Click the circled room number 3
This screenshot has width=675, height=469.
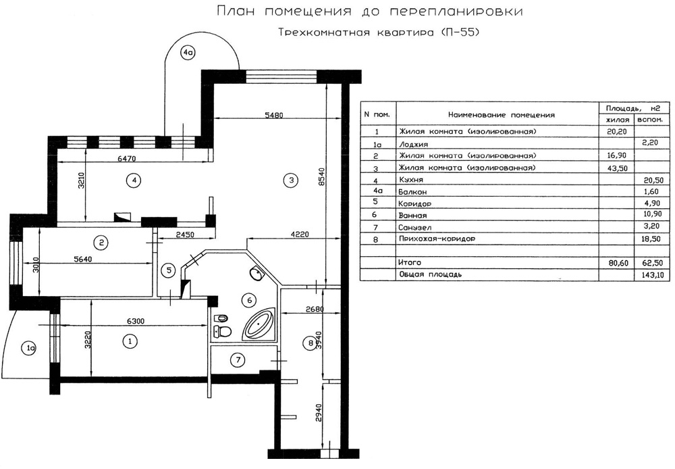click(x=291, y=180)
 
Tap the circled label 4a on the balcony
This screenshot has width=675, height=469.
click(x=188, y=53)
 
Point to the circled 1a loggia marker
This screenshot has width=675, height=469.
click(x=29, y=348)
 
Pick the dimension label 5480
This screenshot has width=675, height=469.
click(x=273, y=115)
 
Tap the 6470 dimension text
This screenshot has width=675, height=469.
click(x=126, y=159)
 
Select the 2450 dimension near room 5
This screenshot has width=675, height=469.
click(x=185, y=235)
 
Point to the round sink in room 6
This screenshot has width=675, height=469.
click(x=256, y=273)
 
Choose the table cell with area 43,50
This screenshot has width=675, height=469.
click(x=617, y=168)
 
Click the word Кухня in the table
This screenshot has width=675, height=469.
click(x=411, y=180)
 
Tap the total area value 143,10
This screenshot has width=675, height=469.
click(x=653, y=274)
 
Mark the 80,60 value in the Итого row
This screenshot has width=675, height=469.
click(x=617, y=262)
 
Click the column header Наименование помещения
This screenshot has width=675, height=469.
click(x=501, y=115)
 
